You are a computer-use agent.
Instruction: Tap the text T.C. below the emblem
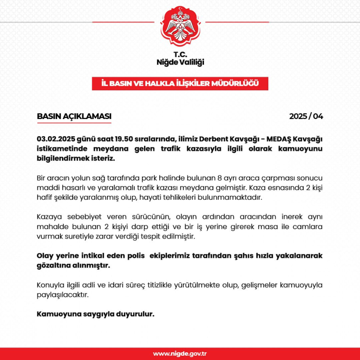180,54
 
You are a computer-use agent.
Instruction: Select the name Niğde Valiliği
180,62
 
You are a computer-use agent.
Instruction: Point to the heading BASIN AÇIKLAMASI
74,116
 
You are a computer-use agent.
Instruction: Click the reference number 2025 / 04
306,116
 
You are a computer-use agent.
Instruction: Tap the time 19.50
127,139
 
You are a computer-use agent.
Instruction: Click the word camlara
307,226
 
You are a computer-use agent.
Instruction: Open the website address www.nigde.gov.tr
180,354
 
